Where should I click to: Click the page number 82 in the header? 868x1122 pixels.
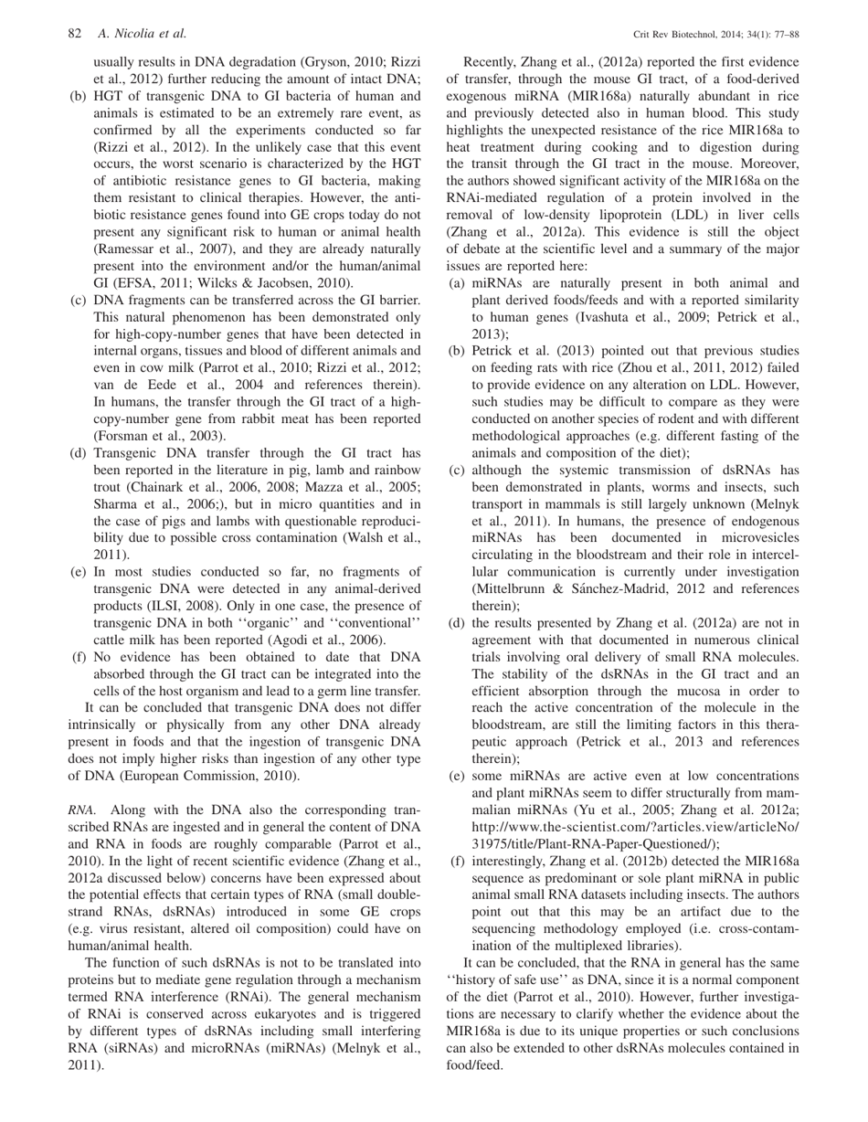click(x=76, y=35)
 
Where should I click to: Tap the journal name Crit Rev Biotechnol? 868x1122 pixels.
click(x=677, y=35)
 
